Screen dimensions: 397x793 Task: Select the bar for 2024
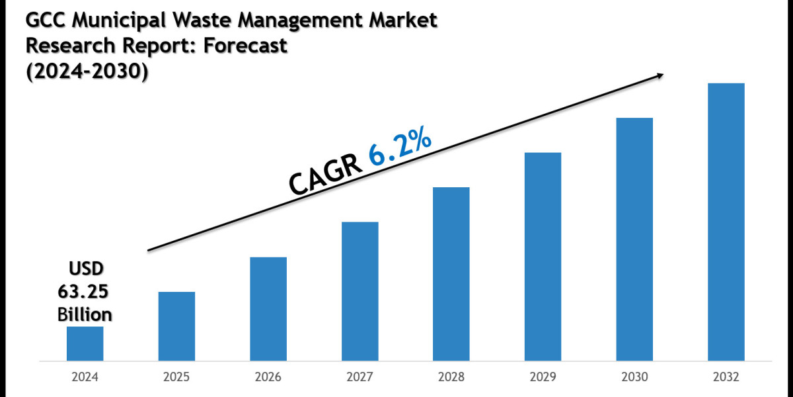click(85, 344)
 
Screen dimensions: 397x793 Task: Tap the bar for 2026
click(268, 309)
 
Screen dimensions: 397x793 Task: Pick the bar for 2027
click(360, 292)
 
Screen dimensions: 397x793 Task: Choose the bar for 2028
click(451, 275)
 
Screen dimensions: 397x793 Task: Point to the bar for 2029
click(543, 257)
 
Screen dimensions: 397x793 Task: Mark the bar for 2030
click(634, 240)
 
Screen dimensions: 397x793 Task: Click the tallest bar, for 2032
click(726, 222)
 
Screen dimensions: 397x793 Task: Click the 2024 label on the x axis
click(85, 377)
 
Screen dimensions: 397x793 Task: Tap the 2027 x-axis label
click(360, 377)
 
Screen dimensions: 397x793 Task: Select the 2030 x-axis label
click(634, 377)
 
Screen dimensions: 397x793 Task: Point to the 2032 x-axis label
click(726, 377)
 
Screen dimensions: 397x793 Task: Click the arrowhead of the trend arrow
click(659, 76)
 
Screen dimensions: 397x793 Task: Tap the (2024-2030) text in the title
click(86, 71)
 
